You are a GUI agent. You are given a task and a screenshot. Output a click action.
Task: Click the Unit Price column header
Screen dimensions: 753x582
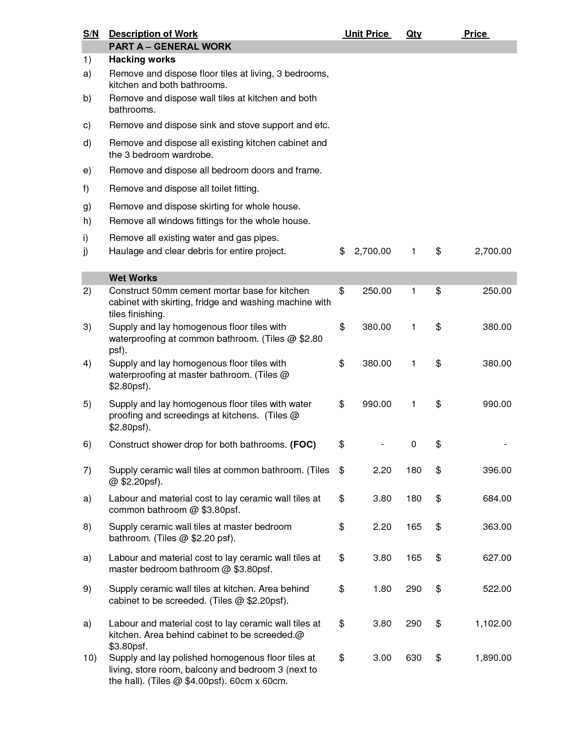tap(367, 34)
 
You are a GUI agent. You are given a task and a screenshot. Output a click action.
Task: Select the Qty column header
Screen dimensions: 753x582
tap(414, 34)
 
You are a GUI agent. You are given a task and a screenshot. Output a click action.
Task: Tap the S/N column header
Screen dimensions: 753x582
tap(91, 34)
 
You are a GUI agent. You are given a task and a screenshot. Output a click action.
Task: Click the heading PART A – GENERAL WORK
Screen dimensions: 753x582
tap(170, 47)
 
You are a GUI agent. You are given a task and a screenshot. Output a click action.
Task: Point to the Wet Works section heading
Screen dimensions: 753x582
tap(133, 278)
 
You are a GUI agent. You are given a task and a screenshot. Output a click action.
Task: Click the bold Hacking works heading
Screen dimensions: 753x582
tap(142, 59)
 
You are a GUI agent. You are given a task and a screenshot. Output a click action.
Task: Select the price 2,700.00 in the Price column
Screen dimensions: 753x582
tap(493, 251)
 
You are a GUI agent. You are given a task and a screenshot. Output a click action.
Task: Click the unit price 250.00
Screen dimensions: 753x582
tap(377, 291)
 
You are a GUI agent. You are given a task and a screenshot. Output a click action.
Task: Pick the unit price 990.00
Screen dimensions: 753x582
tap(377, 404)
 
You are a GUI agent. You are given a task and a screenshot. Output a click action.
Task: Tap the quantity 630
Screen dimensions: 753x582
tap(414, 658)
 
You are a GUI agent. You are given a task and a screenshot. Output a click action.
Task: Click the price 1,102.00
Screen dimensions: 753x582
tap(493, 623)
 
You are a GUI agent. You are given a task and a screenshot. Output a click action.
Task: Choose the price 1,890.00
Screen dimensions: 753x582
tap(493, 658)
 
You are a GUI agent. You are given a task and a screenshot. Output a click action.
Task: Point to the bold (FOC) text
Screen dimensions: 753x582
tap(303, 444)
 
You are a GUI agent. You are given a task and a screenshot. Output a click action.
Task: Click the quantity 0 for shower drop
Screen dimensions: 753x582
tap(414, 444)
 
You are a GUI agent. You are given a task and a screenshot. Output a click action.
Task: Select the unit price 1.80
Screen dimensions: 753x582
tap(382, 589)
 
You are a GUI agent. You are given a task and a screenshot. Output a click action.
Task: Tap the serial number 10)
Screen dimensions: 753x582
tap(89, 658)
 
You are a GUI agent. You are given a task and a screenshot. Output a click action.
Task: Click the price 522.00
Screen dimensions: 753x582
tap(497, 589)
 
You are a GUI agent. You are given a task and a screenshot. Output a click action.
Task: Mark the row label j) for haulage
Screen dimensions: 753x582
tap(85, 251)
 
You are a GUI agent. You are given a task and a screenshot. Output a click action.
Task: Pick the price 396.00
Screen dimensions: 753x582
tap(497, 470)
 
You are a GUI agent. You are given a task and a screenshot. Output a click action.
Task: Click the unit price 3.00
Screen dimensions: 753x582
tap(382, 658)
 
